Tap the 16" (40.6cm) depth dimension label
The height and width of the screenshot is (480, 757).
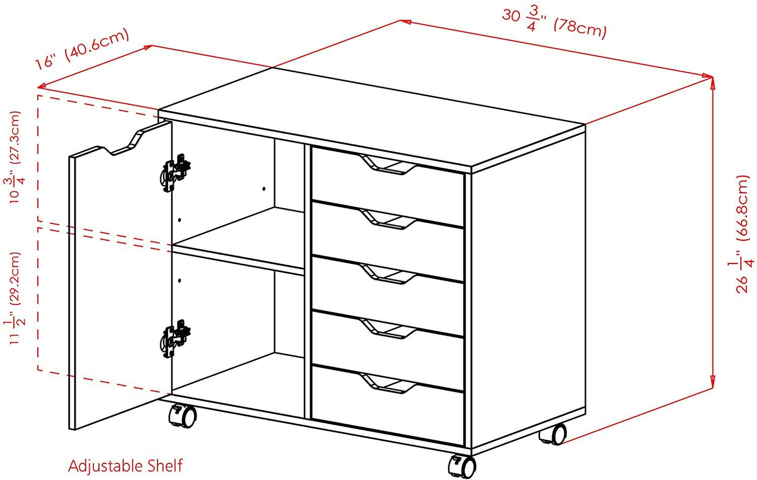tap(82, 49)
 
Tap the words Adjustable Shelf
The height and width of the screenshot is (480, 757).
tap(125, 466)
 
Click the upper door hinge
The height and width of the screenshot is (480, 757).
tap(175, 172)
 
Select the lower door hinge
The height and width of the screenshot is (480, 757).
tap(175, 338)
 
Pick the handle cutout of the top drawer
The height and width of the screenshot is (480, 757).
tap(388, 165)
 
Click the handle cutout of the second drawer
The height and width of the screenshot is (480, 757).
tap(388, 219)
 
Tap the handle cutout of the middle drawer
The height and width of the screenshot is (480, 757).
tap(388, 274)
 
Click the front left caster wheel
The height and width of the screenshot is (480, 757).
tap(183, 417)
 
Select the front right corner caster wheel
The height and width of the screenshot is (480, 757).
tap(462, 466)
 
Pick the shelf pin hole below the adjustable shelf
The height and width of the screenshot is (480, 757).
tap(180, 280)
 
